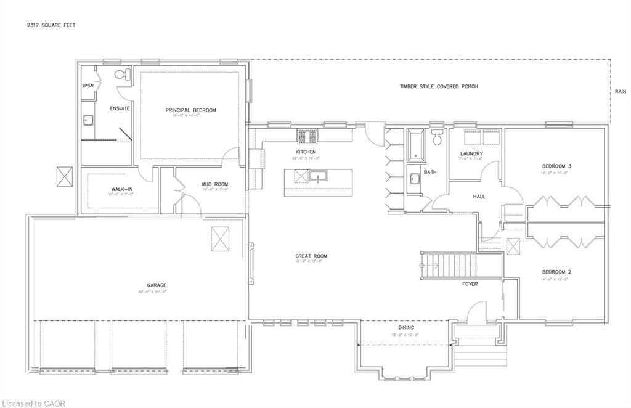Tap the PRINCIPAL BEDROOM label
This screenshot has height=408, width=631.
(x=190, y=110)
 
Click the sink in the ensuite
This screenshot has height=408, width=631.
(x=88, y=120)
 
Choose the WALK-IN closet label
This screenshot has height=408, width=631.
(x=122, y=189)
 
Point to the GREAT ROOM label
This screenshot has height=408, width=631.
(x=311, y=256)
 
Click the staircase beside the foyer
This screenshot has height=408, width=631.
(x=450, y=265)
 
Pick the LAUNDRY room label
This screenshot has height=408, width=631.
(x=471, y=153)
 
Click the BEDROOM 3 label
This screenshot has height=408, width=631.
(x=556, y=166)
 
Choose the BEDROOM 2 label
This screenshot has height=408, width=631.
(x=556, y=272)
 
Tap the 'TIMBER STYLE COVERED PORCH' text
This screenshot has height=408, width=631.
(x=438, y=87)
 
